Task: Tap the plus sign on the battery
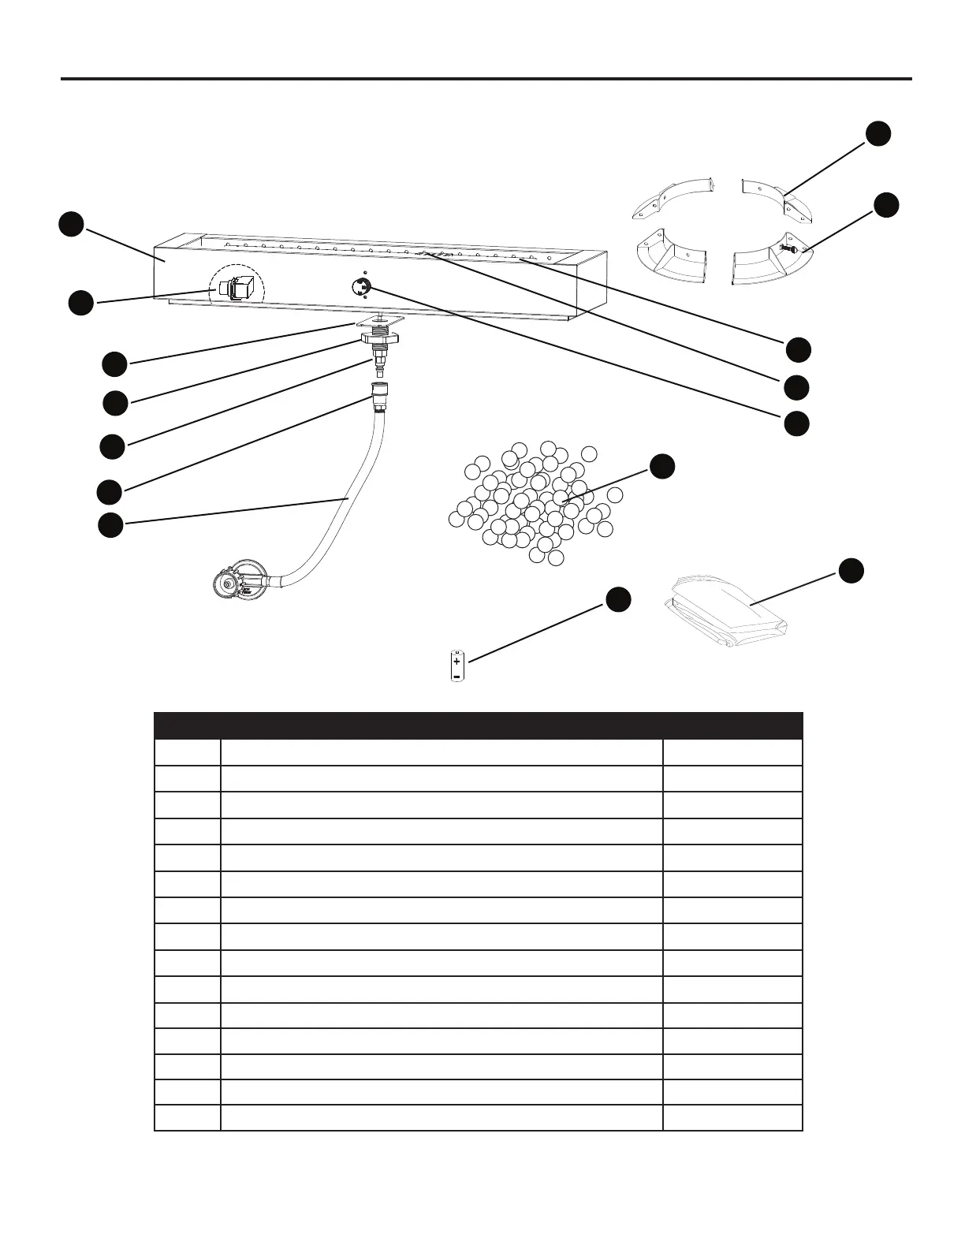tap(457, 661)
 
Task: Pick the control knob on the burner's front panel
tap(363, 287)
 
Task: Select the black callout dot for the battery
tap(618, 599)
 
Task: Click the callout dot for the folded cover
tap(851, 571)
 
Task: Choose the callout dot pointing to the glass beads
tap(662, 466)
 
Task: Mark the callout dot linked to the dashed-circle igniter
tap(80, 304)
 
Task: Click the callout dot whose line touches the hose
tap(110, 524)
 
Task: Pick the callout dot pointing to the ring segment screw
tap(886, 204)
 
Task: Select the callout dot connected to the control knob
tap(796, 423)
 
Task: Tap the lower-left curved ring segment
tap(670, 259)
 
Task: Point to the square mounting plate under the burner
tap(379, 322)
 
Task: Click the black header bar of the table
tap(478, 725)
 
